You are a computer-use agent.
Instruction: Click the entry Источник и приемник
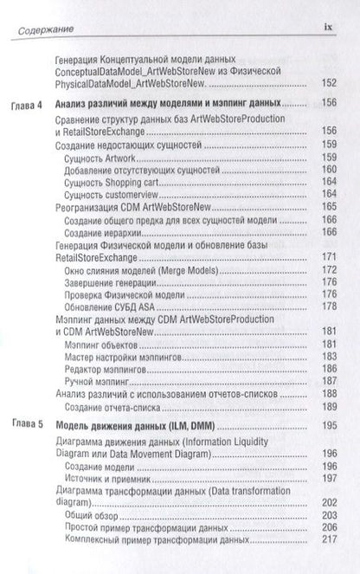pyautogui.click(x=111, y=477)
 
